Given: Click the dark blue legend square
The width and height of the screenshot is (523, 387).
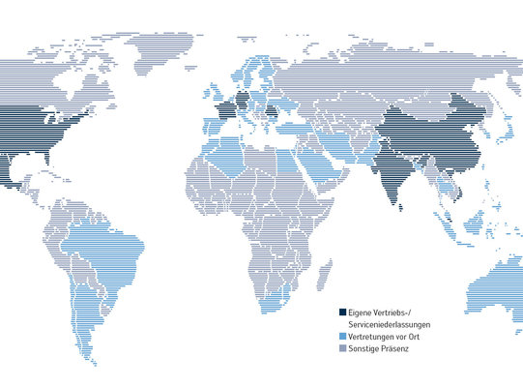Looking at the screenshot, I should (x=342, y=312).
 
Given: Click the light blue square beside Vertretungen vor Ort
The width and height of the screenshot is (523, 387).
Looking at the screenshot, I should (x=342, y=336).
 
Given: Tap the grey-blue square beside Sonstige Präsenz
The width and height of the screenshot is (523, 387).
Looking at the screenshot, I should (x=342, y=347).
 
